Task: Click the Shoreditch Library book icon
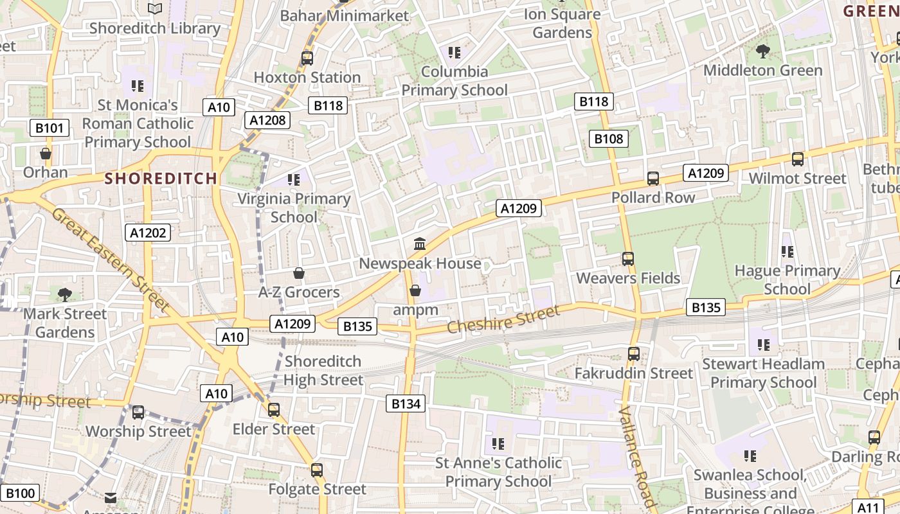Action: [155, 8]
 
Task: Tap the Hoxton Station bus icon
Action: [307, 58]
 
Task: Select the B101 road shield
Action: [50, 128]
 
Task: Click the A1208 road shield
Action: [267, 120]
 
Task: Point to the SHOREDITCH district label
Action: [161, 179]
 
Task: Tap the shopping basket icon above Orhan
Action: [46, 154]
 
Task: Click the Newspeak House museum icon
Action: [420, 244]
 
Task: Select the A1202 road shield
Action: [148, 233]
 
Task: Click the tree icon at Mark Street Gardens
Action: [64, 294]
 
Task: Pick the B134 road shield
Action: [406, 403]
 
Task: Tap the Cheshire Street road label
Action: [503, 319]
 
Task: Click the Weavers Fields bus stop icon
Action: [628, 258]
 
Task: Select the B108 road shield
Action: [608, 138]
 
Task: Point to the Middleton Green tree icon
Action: [763, 51]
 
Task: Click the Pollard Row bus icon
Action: [653, 178]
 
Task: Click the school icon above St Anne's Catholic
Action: [498, 443]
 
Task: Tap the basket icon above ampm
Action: [415, 290]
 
